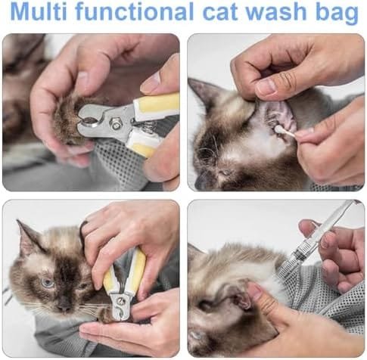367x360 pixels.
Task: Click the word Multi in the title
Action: tap(39, 11)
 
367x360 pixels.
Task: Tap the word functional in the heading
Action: tap(135, 11)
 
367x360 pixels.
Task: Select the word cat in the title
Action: tap(220, 12)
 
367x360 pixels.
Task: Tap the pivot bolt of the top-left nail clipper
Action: tap(115, 123)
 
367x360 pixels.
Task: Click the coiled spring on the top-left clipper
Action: tap(145, 126)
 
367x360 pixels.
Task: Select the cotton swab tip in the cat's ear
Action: tap(279, 129)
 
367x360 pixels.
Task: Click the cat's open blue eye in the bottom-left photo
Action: tap(48, 282)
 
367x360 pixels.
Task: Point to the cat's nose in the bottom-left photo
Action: tap(64, 306)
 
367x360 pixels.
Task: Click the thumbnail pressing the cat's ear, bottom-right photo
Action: tap(254, 290)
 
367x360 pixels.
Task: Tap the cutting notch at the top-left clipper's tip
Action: tap(85, 119)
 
